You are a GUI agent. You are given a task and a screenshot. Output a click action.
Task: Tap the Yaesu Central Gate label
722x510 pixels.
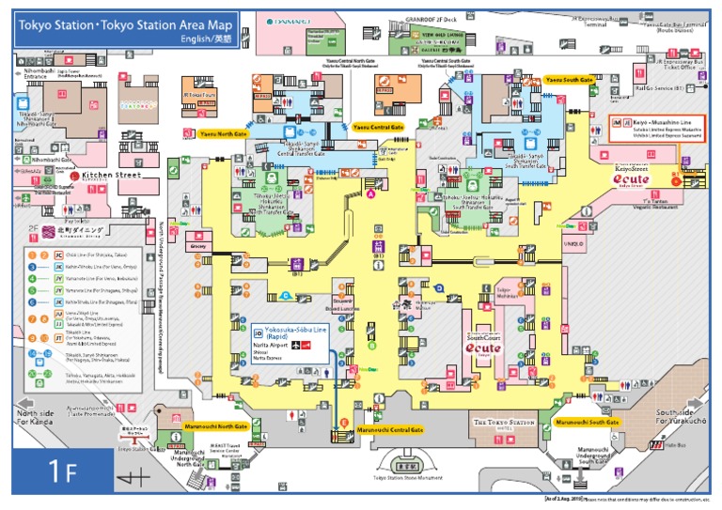pos(378,126)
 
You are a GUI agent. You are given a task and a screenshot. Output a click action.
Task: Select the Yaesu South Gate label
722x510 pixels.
pos(570,80)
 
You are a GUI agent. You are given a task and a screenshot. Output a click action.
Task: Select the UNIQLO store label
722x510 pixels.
pos(573,245)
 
